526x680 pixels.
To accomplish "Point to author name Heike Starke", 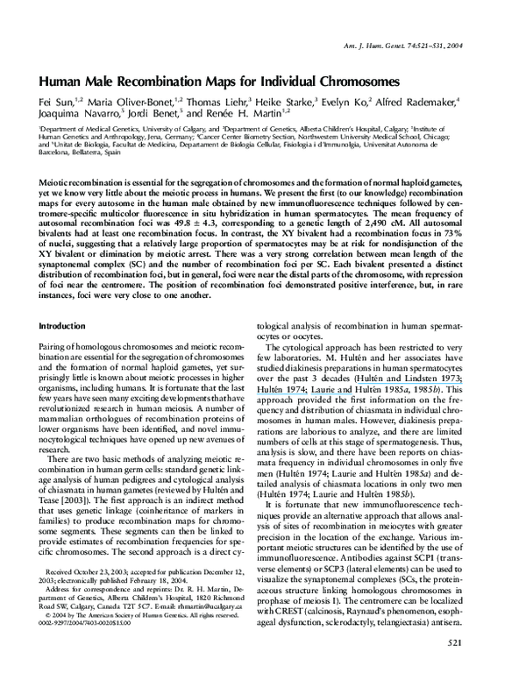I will [288, 102].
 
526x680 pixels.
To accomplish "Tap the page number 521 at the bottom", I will [480, 668].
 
